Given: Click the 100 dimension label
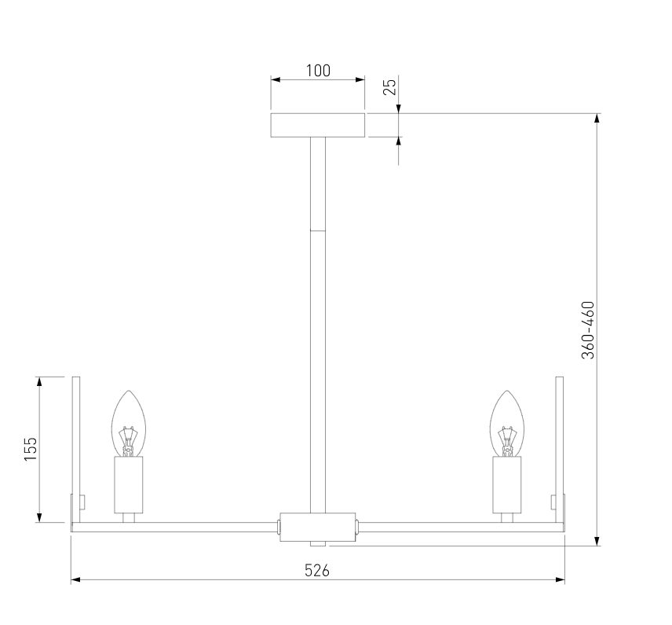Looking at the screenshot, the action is coord(318,71).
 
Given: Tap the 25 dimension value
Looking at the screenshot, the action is coord(390,86).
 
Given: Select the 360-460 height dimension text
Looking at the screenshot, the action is coord(588,329).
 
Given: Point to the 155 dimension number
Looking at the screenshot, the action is coord(31,449).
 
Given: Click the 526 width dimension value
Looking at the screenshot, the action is coord(317,570).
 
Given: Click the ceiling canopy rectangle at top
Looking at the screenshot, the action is coord(318,125).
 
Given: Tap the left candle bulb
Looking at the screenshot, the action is coord(129,423).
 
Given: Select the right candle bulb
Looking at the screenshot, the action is coord(507,423).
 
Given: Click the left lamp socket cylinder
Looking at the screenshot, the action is coord(129,484).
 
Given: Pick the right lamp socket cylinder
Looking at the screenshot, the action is coord(507,484).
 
